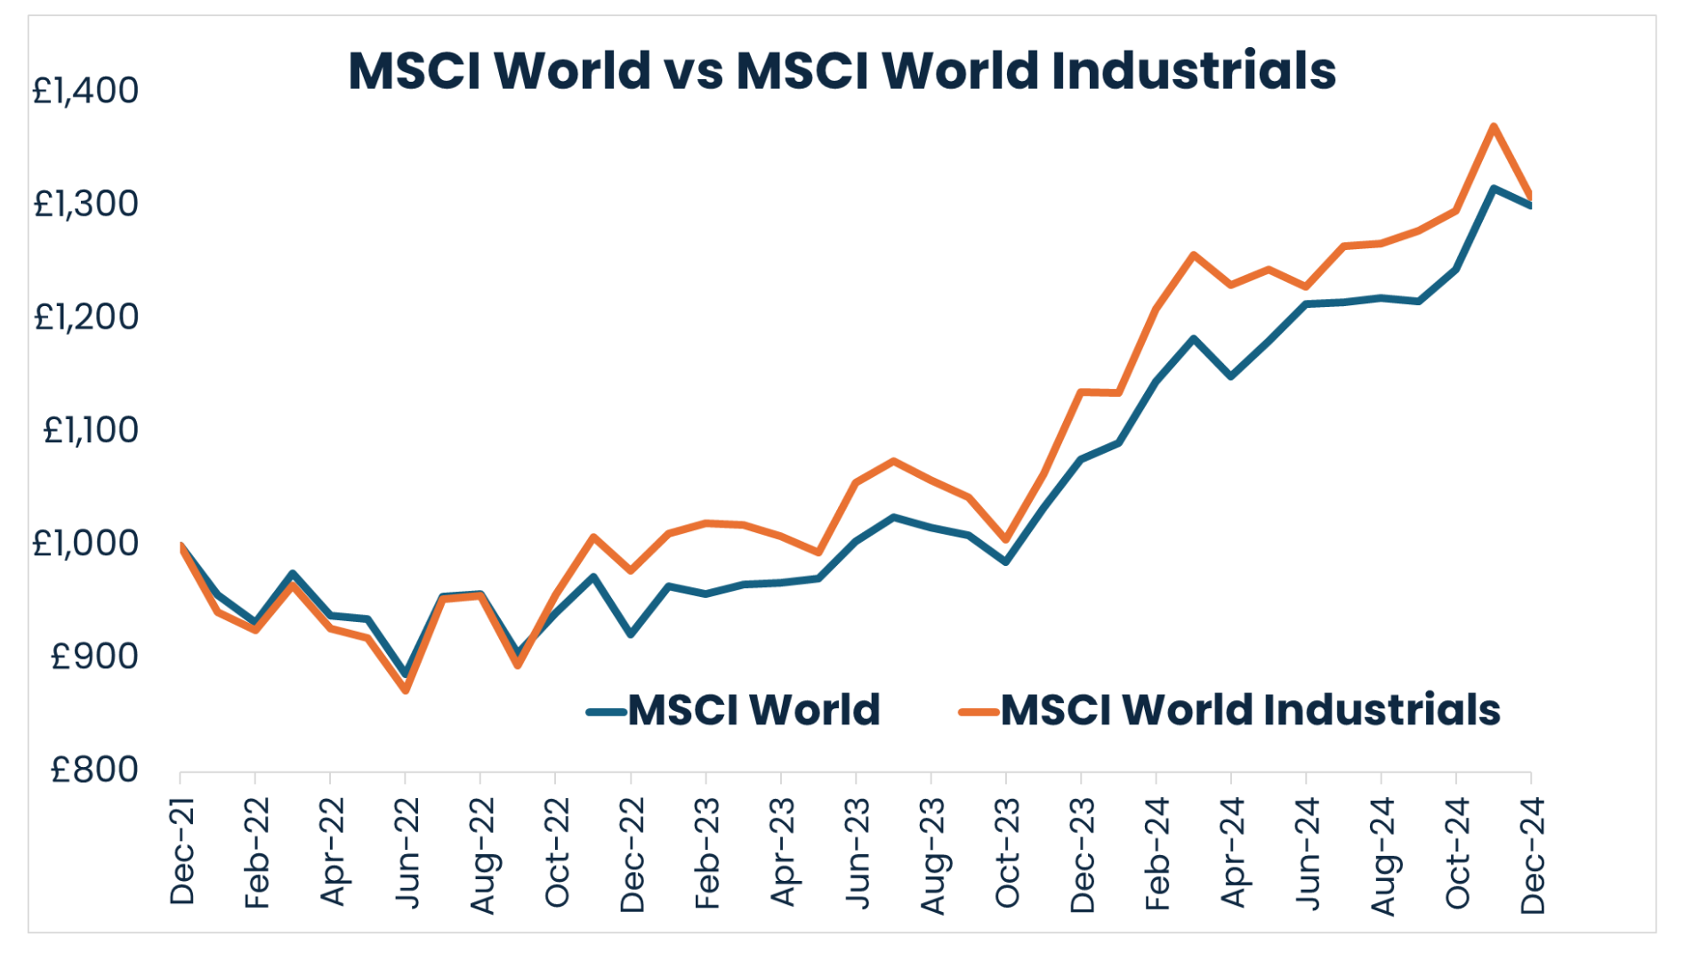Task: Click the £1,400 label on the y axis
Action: (x=85, y=91)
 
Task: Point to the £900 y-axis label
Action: (x=94, y=657)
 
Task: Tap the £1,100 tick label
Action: (x=91, y=431)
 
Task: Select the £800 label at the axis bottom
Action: (x=94, y=770)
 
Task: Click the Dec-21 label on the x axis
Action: (x=182, y=852)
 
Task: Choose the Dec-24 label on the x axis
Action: (x=1533, y=854)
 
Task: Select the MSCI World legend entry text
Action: (x=753, y=710)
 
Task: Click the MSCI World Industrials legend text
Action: (x=1250, y=710)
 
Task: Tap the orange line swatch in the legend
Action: (x=979, y=712)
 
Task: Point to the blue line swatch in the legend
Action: (x=607, y=712)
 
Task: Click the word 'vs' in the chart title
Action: (x=693, y=70)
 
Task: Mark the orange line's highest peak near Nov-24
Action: (x=1494, y=126)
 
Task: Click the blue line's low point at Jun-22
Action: (x=406, y=674)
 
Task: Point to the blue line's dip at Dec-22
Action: (x=631, y=634)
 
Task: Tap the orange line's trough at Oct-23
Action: (x=1006, y=539)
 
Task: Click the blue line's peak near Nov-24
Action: (x=1494, y=189)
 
